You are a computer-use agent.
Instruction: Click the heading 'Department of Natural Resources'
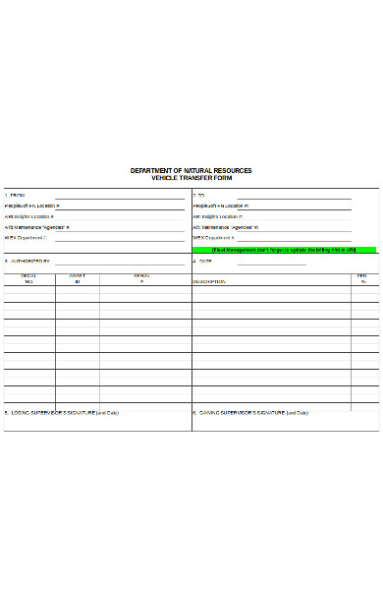[191, 170]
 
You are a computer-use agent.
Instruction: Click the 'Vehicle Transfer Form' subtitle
[191, 177]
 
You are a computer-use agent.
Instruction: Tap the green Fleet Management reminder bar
[286, 250]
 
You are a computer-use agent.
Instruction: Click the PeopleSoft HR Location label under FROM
[32, 206]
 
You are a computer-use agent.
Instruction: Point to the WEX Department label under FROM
[27, 237]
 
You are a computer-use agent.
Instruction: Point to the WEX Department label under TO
[214, 237]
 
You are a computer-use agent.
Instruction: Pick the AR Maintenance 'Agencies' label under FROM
[36, 227]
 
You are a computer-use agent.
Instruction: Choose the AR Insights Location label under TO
[216, 216]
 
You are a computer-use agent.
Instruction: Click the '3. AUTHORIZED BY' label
[27, 262]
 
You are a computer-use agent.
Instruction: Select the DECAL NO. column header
[28, 279]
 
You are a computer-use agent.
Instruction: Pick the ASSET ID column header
[77, 279]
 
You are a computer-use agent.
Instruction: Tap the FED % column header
[362, 279]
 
